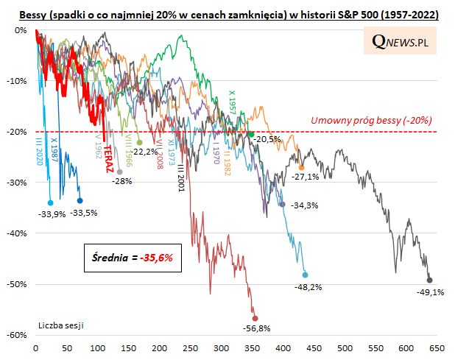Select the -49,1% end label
coord(430,292)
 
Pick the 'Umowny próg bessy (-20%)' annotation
coord(372,120)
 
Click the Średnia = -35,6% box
coord(127,258)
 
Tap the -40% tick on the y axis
coord(16,233)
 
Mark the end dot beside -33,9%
coord(50,202)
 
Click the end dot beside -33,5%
coord(80,200)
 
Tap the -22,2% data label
coord(147,152)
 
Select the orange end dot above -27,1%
coord(301,167)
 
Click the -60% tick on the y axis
coord(16,335)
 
